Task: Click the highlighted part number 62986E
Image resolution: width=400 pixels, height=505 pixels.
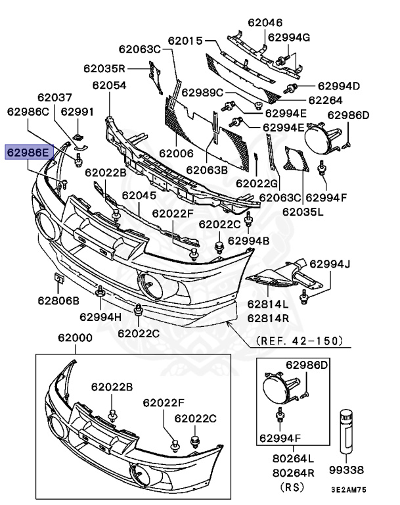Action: tap(28, 153)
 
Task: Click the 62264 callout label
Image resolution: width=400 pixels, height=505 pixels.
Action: tap(325, 100)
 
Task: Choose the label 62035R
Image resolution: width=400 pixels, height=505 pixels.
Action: tap(104, 68)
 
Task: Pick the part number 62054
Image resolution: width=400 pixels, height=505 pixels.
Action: tap(109, 85)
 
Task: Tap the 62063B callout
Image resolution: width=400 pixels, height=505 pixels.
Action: tap(206, 170)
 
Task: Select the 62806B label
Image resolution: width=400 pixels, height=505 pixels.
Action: tap(58, 301)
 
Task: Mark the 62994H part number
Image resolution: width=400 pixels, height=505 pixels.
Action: tap(100, 316)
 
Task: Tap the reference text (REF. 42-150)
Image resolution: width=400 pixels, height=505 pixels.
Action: tap(299, 341)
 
